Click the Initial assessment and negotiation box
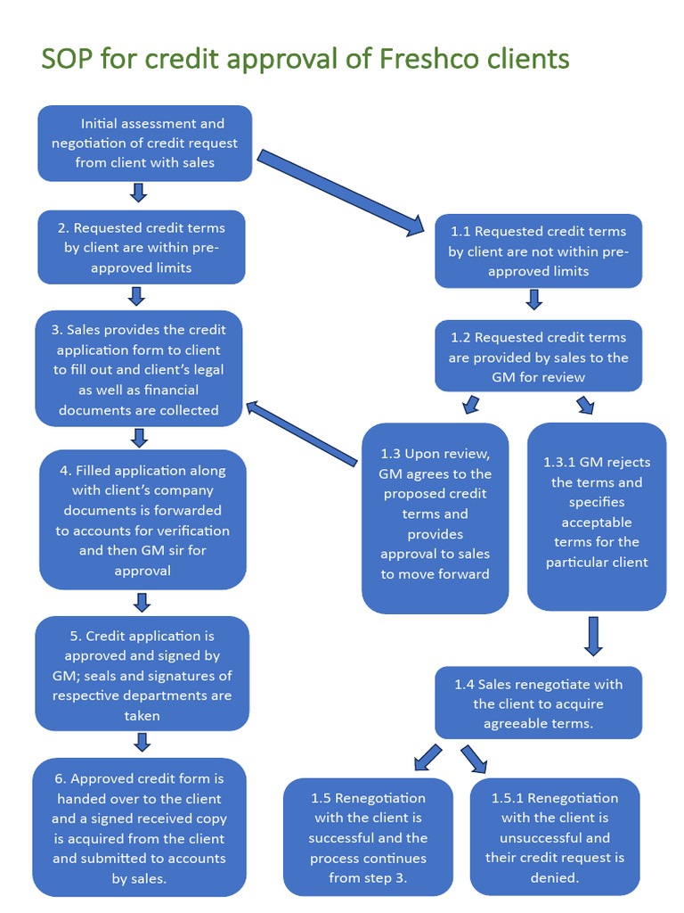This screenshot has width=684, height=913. (144, 143)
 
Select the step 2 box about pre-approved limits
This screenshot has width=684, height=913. (142, 248)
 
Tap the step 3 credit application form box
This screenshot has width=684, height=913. (138, 369)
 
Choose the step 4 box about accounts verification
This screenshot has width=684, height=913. (142, 520)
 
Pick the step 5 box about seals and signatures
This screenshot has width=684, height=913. (142, 675)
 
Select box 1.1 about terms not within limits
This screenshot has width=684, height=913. (538, 251)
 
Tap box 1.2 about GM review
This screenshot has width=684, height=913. (538, 357)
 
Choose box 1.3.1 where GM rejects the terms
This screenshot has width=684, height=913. (597, 513)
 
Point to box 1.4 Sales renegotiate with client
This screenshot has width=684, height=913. (538, 703)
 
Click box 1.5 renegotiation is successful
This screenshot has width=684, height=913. (368, 837)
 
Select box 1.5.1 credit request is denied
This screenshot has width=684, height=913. (554, 837)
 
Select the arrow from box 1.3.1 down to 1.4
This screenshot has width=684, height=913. (594, 635)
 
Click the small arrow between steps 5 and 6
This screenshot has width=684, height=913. (141, 742)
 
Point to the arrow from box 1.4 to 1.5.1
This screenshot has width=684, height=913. (474, 759)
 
